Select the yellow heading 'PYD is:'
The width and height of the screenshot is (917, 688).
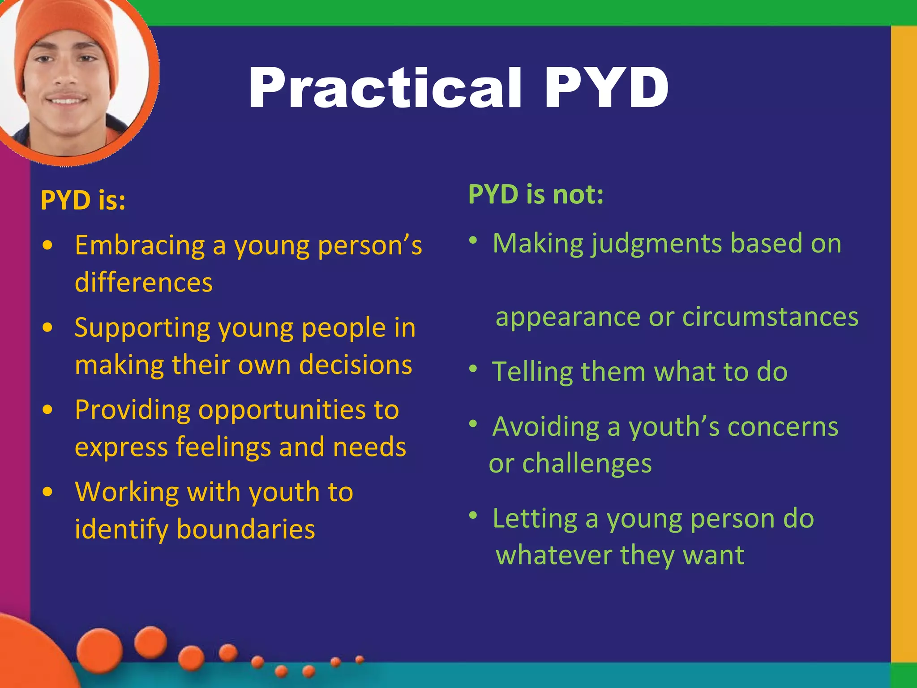coord(83,200)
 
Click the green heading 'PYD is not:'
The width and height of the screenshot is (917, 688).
coord(536,194)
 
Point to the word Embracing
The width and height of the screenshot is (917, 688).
coord(140,245)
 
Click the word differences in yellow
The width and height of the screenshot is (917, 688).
coord(144,283)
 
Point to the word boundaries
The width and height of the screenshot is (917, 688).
coord(246,529)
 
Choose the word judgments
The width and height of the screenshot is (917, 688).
coord(656,244)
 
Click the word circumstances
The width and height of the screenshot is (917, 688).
coord(770,317)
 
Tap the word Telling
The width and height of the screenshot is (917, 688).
coord(532,372)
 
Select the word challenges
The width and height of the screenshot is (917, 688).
coord(587,463)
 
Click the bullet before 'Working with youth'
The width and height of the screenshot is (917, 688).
coord(47,492)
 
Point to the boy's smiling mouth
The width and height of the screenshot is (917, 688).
coord(67,99)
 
